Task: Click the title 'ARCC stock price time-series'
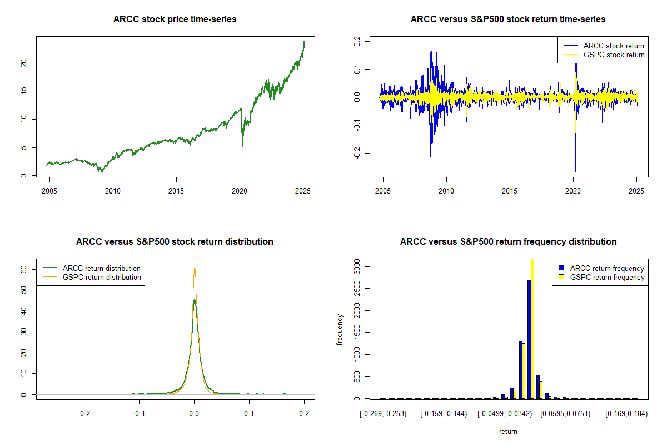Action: [x=175, y=19]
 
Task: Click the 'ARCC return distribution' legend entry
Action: [x=102, y=268]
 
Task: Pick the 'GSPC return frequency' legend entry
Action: [x=607, y=277]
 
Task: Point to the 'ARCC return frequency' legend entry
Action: [x=607, y=268]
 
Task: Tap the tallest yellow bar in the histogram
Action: [x=532, y=328]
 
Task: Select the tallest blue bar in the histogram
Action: [x=529, y=339]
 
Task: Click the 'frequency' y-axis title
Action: [x=340, y=330]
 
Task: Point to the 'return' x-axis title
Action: [x=508, y=431]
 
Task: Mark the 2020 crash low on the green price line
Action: [x=242, y=146]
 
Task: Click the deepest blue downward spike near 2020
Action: [x=575, y=171]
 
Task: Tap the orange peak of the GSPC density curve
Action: [x=195, y=267]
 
